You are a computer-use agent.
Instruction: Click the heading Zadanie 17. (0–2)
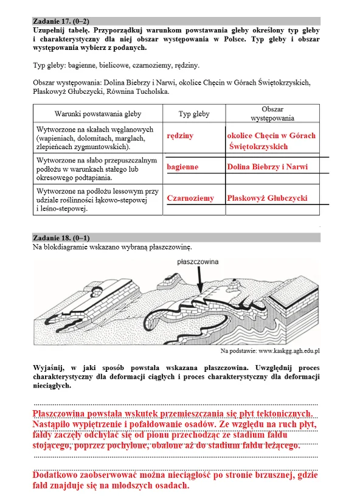click(x=63, y=21)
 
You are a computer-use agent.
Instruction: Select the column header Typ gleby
click(x=194, y=114)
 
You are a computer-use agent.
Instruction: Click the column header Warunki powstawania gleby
click(x=97, y=114)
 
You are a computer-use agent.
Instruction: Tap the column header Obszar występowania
click(x=272, y=114)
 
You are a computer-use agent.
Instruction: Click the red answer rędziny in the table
click(x=180, y=136)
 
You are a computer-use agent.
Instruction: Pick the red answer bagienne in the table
click(x=182, y=166)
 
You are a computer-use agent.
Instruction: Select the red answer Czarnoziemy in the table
click(x=190, y=198)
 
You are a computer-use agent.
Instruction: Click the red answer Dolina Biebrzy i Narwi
click(x=268, y=166)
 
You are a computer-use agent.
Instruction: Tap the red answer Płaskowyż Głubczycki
click(x=267, y=198)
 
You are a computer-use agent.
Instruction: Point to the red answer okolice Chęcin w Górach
click(x=271, y=136)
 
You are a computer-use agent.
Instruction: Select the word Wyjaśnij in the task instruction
click(x=49, y=368)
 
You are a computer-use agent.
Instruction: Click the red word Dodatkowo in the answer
click(x=58, y=474)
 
